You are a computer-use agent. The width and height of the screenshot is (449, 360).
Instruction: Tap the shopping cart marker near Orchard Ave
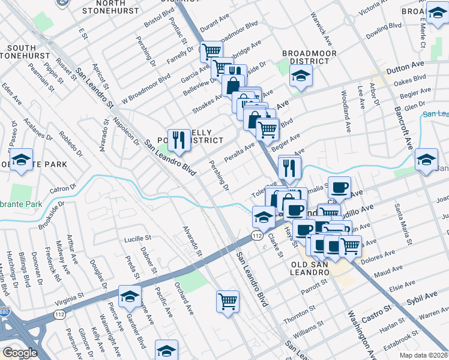pos(228,301)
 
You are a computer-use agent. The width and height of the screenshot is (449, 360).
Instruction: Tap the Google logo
pos(20,352)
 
